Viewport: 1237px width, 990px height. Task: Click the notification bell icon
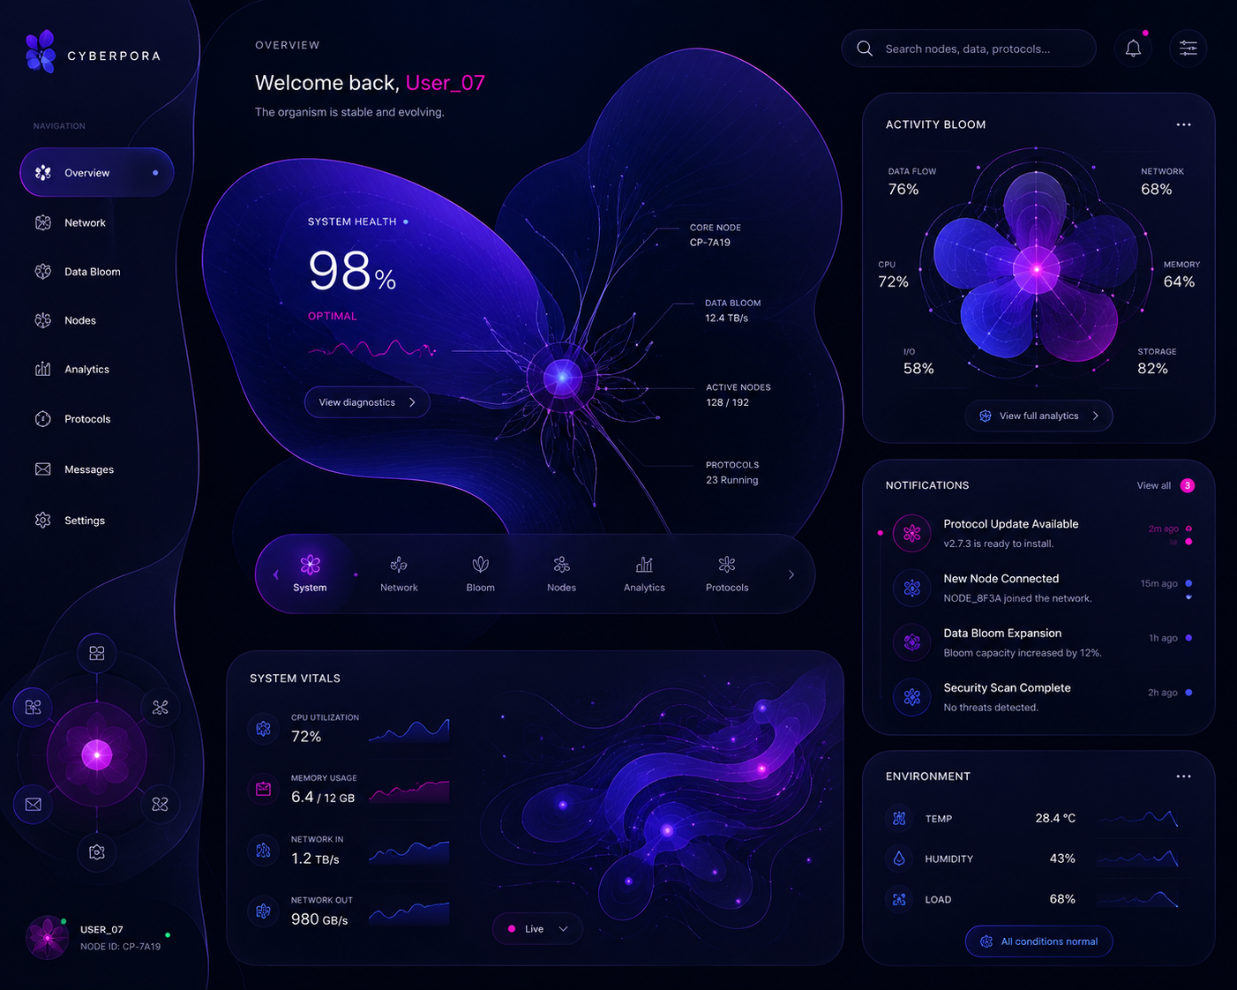tap(1132, 49)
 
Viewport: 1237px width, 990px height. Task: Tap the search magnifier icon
tap(865, 49)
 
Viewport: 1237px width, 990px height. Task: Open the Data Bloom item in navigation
tap(92, 272)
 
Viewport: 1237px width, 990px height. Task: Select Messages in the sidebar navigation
tap(88, 469)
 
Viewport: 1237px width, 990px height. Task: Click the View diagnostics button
tap(367, 401)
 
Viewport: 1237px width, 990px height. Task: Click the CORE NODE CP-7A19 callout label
tap(715, 235)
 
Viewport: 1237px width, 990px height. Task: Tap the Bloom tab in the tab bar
tap(480, 574)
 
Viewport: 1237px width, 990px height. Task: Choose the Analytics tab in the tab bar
tap(644, 574)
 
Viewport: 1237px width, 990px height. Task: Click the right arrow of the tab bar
tap(791, 574)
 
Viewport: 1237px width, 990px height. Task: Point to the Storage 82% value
tap(1152, 368)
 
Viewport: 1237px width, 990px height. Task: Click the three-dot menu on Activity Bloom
tap(1183, 124)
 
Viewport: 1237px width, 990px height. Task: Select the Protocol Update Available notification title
tap(1010, 524)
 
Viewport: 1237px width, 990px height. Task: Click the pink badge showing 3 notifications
tap(1187, 485)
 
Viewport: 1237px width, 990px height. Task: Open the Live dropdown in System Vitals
tap(536, 928)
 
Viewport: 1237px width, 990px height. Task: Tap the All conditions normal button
tap(1038, 941)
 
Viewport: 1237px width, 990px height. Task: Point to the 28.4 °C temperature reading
tap(1054, 818)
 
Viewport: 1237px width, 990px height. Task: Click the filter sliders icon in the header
tap(1188, 49)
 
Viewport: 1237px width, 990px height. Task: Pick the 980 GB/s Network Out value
tap(319, 919)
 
